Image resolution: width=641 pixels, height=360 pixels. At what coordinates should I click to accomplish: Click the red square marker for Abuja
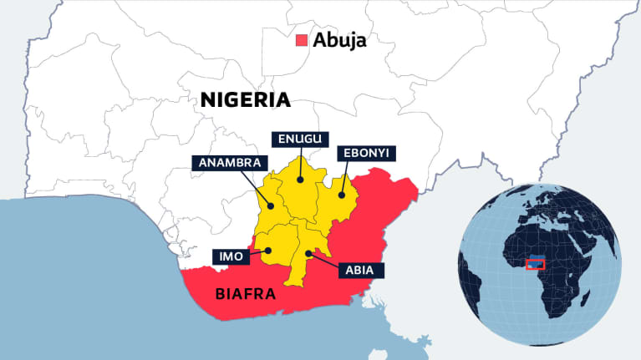pos(303,40)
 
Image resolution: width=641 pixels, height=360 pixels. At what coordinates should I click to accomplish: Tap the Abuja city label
pos(339,40)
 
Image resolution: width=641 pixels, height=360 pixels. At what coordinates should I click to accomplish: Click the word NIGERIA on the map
pos(245,100)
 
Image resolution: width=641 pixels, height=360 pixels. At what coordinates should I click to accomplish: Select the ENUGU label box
pos(299,139)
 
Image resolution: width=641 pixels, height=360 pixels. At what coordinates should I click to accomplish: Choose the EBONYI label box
pos(366,154)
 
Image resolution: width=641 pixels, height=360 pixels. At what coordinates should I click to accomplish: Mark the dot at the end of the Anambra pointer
pos(271,206)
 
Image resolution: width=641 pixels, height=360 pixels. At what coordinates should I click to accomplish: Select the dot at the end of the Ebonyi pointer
pos(341,196)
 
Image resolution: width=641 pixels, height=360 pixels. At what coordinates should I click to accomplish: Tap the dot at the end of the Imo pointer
pos(269,250)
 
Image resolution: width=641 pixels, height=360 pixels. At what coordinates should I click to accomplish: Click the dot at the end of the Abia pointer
pos(308,252)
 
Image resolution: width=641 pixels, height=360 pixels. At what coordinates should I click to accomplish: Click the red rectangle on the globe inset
pos(535,265)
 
